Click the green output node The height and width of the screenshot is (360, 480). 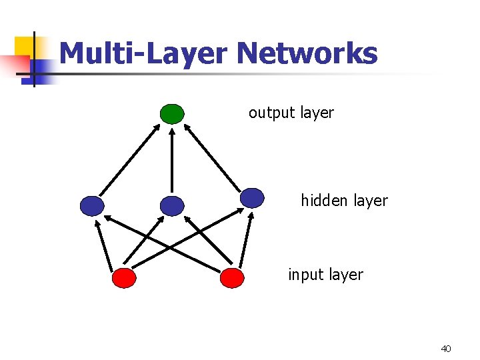(x=172, y=114)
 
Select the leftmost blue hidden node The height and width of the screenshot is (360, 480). (x=92, y=206)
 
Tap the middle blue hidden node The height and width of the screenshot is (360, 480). (x=172, y=206)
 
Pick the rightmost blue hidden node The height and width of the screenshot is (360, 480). (x=252, y=197)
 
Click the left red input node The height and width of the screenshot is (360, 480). (x=124, y=277)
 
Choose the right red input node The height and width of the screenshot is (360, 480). (x=232, y=277)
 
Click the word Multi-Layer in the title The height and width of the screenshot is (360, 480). (x=143, y=53)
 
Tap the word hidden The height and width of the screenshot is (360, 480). (x=323, y=200)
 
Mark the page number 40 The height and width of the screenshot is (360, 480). (x=446, y=349)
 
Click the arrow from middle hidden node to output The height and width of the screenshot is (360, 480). (x=172, y=160)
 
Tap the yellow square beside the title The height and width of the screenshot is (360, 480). (x=25, y=45)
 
